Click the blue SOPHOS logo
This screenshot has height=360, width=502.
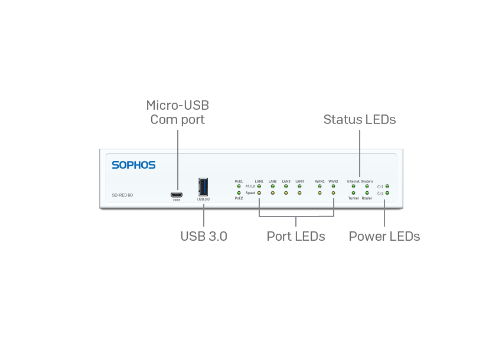coord(133,165)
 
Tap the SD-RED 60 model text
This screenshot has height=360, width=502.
coord(122,195)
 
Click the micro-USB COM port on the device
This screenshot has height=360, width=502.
coord(176,194)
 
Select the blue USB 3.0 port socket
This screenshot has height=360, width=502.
coord(203,187)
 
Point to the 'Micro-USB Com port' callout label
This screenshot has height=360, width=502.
coord(178,113)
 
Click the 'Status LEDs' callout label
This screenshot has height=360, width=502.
coord(359,119)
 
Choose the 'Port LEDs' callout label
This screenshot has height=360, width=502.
coord(296,237)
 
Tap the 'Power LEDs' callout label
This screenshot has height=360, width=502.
coord(384,237)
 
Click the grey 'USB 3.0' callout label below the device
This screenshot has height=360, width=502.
coord(203,237)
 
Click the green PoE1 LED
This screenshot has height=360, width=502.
coord(239,186)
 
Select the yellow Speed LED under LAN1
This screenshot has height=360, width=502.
coord(259,193)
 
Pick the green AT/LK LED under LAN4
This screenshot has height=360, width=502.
coord(299,186)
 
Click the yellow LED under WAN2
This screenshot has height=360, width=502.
coord(333,193)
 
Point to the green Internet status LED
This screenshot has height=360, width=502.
coord(353,186)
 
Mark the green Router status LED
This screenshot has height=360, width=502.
coord(367,193)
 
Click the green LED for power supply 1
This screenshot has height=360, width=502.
coord(387,186)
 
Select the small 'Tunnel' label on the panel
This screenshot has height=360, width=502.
coord(353,199)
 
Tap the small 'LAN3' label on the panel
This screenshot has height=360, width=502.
coord(286,181)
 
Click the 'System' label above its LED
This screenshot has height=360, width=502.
coord(367,181)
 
